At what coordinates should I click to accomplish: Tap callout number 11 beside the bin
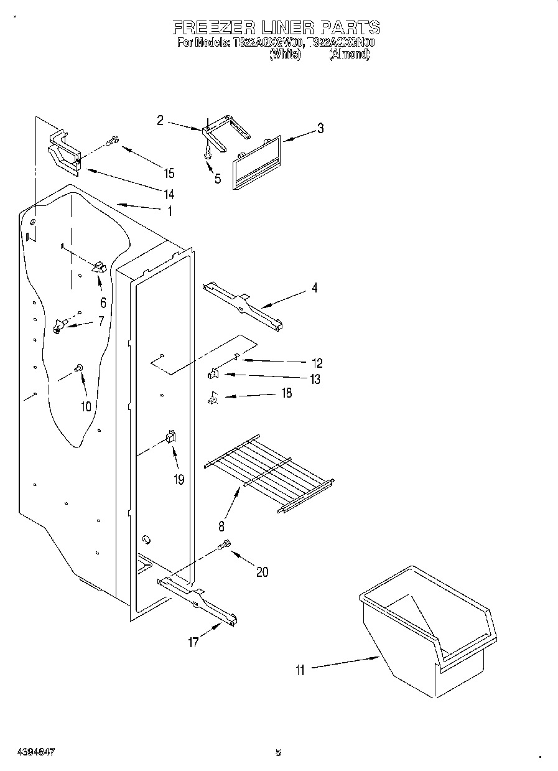click(300, 670)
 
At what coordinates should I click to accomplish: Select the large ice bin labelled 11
click(429, 628)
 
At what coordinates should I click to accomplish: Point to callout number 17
click(193, 642)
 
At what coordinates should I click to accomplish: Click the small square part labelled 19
click(170, 438)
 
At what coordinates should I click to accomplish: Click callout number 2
click(160, 120)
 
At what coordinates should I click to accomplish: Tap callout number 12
click(316, 362)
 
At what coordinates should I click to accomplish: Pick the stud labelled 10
click(80, 369)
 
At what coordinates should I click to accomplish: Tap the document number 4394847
click(32, 752)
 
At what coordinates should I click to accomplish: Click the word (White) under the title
click(285, 54)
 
